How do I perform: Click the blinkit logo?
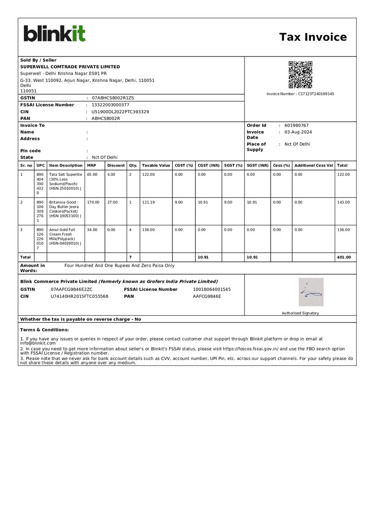[54, 34]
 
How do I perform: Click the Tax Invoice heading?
[313, 37]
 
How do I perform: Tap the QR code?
[300, 75]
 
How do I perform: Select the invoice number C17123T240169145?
[316, 94]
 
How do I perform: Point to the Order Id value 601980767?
[296, 125]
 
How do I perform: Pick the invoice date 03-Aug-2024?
[298, 132]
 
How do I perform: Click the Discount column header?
[116, 166]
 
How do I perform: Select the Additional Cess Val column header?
[314, 166]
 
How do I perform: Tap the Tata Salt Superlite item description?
[65, 181]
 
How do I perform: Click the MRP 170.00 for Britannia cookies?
[93, 202]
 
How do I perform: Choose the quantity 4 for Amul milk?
[130, 230]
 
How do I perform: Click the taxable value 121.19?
[149, 202]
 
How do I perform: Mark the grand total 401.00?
[344, 257]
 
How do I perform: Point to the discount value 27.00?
[112, 202]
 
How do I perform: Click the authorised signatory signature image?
[311, 292]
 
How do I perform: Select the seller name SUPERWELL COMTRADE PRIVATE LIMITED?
[70, 67]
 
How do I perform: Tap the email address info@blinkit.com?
[38, 343]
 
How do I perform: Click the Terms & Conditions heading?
[44, 330]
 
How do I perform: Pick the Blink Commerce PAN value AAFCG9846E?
[207, 296]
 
